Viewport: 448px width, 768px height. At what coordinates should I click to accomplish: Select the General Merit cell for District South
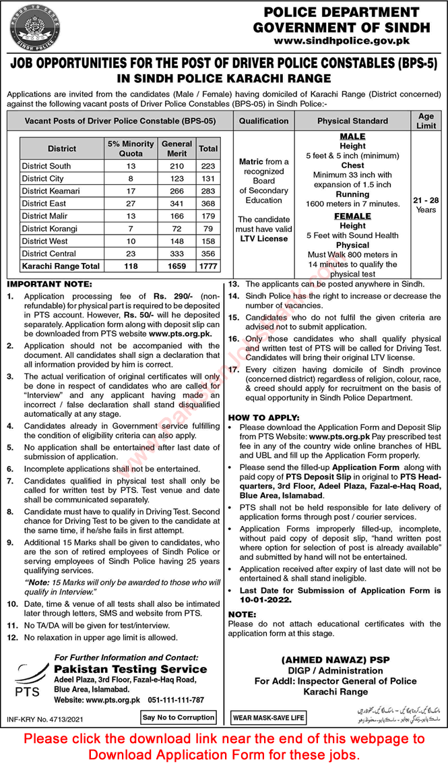click(177, 166)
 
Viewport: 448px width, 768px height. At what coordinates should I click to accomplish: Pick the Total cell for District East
click(208, 204)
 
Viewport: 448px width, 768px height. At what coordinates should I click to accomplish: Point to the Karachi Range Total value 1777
click(208, 266)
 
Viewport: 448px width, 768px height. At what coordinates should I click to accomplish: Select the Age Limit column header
click(425, 121)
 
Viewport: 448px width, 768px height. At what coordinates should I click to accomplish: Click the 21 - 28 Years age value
click(425, 205)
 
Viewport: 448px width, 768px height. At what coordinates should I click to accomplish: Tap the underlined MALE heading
click(352, 136)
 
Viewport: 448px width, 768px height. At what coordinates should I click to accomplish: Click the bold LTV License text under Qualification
click(263, 239)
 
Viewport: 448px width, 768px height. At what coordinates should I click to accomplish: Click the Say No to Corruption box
click(178, 718)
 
